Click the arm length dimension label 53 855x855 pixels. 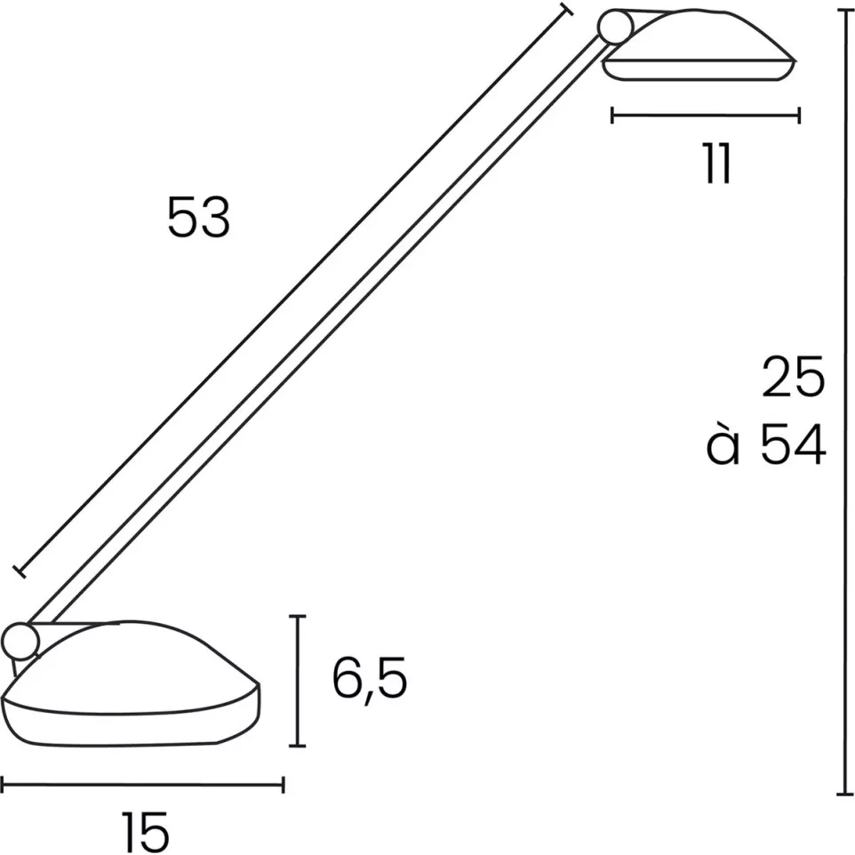click(198, 218)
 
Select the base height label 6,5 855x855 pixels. click(370, 680)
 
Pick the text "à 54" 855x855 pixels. click(766, 446)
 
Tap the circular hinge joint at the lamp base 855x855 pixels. click(20, 640)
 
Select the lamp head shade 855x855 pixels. click(702, 44)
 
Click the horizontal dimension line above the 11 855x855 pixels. click(707, 115)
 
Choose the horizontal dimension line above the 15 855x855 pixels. click(142, 784)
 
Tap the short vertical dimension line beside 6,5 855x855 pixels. click(300, 680)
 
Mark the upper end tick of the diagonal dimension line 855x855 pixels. click(567, 10)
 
